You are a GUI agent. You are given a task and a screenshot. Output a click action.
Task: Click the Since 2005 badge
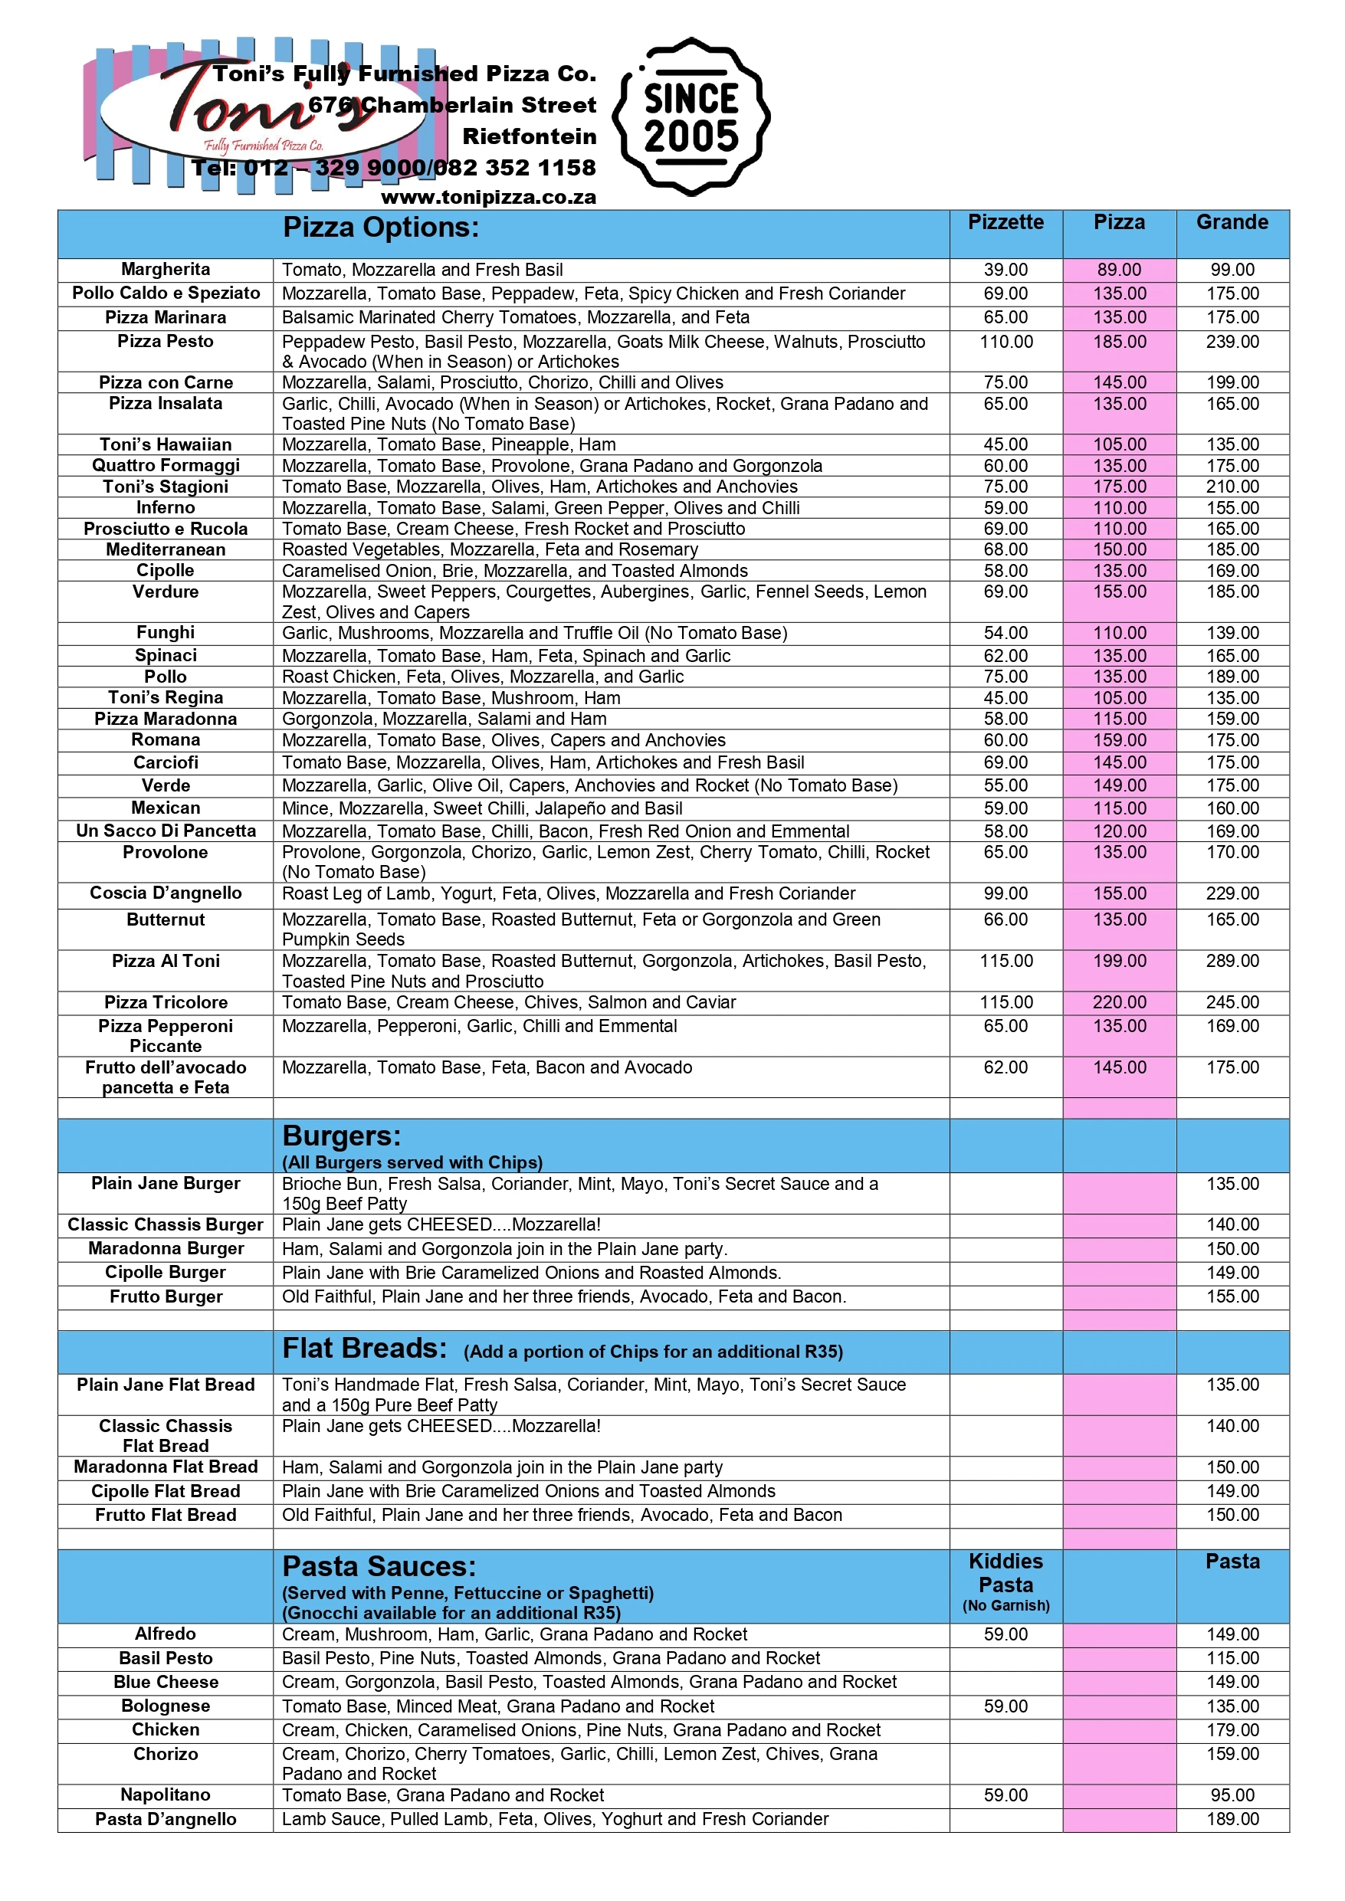coord(691,116)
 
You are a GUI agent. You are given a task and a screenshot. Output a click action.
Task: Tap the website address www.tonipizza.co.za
coord(488,197)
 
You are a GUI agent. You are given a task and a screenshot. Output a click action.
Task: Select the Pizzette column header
coord(1005,222)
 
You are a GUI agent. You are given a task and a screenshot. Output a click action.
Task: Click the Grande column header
coord(1232,222)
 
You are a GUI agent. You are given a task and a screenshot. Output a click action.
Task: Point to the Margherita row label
coord(166,269)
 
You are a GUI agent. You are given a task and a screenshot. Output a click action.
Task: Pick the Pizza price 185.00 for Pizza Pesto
coord(1119,341)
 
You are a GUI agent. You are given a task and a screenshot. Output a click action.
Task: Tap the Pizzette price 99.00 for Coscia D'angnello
coord(1005,893)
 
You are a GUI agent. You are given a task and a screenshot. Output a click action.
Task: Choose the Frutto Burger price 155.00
coord(1232,1296)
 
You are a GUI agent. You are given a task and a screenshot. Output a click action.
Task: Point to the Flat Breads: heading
coord(364,1349)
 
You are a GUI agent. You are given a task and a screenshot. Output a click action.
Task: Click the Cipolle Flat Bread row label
coord(166,1491)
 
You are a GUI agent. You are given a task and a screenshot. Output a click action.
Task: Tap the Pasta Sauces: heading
coord(379,1566)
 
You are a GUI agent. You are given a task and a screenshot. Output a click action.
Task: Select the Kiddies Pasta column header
coord(1005,1573)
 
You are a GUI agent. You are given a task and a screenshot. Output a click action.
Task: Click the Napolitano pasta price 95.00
coord(1232,1795)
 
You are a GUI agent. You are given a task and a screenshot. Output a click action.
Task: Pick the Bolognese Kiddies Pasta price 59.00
coord(1005,1706)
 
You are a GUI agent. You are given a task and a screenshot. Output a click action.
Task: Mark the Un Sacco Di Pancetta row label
coord(166,831)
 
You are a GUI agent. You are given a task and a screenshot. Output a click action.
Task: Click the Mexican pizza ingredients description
coord(482,808)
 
